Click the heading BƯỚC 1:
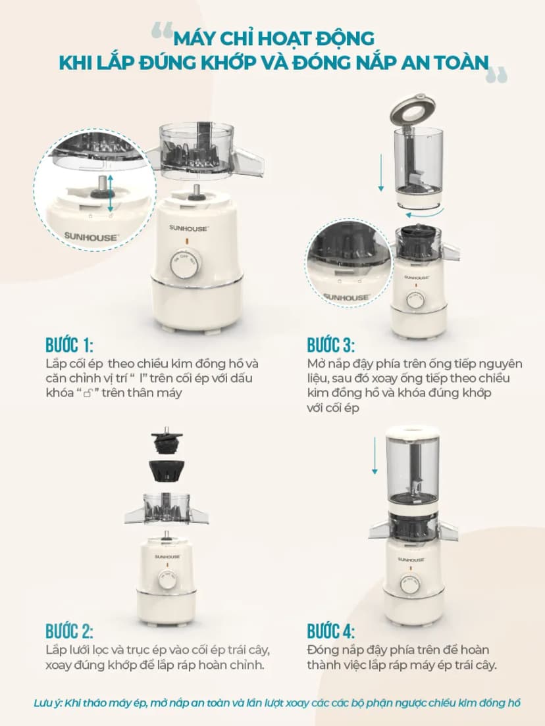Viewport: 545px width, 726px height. [x=69, y=345]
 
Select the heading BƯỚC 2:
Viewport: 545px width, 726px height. [x=69, y=631]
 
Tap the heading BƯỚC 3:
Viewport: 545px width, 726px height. [x=331, y=345]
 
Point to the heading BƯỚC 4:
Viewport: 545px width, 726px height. [x=331, y=631]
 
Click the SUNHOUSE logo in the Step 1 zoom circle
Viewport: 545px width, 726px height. [x=91, y=237]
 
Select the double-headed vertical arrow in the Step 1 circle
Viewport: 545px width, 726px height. [x=111, y=194]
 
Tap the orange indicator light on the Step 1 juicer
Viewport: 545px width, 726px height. [x=186, y=241]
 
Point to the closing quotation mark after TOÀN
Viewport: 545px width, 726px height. [x=497, y=75]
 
